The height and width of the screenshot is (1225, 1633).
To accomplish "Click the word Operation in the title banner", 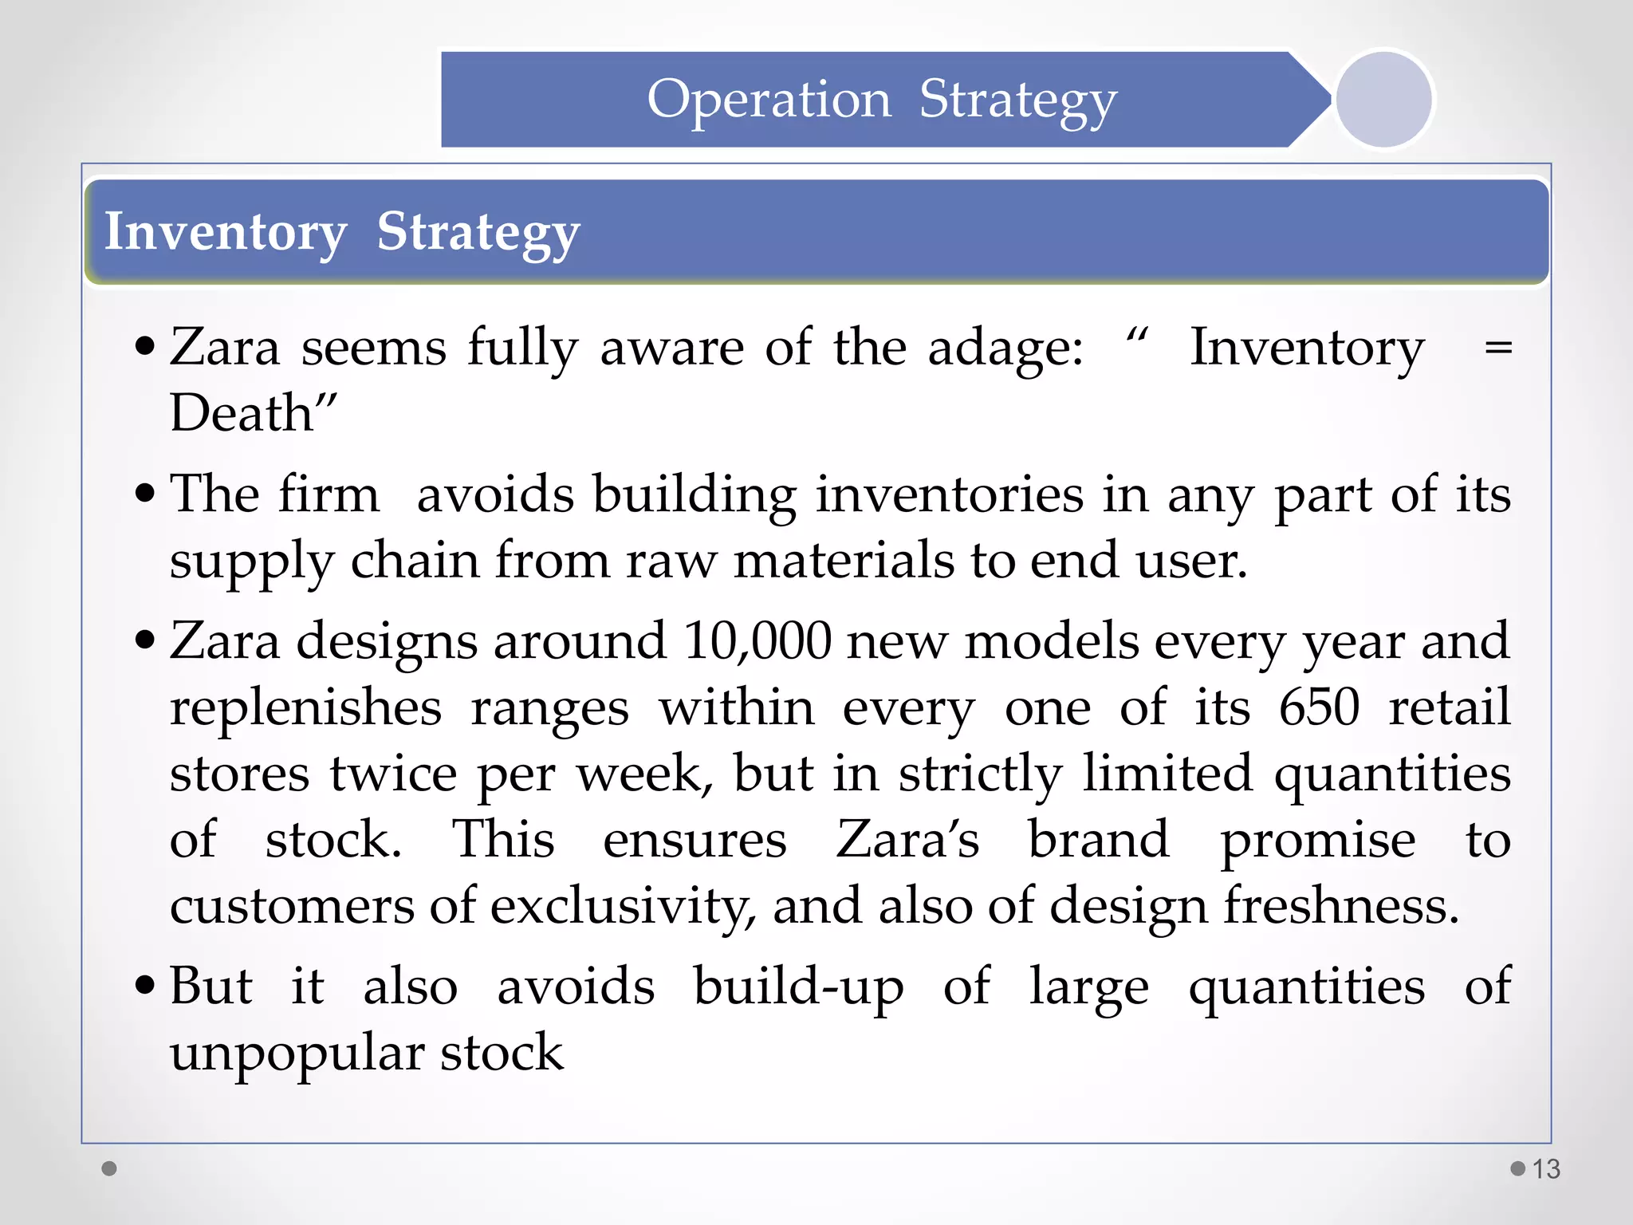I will pyautogui.click(x=769, y=100).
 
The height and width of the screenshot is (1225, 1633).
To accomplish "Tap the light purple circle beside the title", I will pyautogui.click(x=1383, y=100).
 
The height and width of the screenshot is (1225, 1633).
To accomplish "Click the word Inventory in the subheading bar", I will pyautogui.click(x=226, y=232).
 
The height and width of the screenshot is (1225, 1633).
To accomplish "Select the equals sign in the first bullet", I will pyautogui.click(x=1498, y=348).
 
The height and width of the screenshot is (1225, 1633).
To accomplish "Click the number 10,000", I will pyautogui.click(x=757, y=640).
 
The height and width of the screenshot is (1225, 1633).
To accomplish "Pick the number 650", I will pyautogui.click(x=1319, y=707).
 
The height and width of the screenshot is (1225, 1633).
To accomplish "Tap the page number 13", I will pyautogui.click(x=1546, y=1169).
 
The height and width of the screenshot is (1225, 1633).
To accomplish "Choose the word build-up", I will pyautogui.click(x=798, y=987).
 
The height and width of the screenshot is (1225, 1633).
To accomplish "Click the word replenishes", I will pyautogui.click(x=305, y=708).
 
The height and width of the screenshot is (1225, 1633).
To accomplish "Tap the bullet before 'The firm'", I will pyautogui.click(x=145, y=493).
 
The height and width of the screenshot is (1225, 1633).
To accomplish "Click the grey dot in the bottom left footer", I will pyautogui.click(x=109, y=1168).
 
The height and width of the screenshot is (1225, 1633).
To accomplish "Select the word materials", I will pyautogui.click(x=844, y=561).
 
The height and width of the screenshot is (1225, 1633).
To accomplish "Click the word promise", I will pyautogui.click(x=1318, y=841).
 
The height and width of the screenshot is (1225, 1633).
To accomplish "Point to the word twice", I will pyautogui.click(x=394, y=774).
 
